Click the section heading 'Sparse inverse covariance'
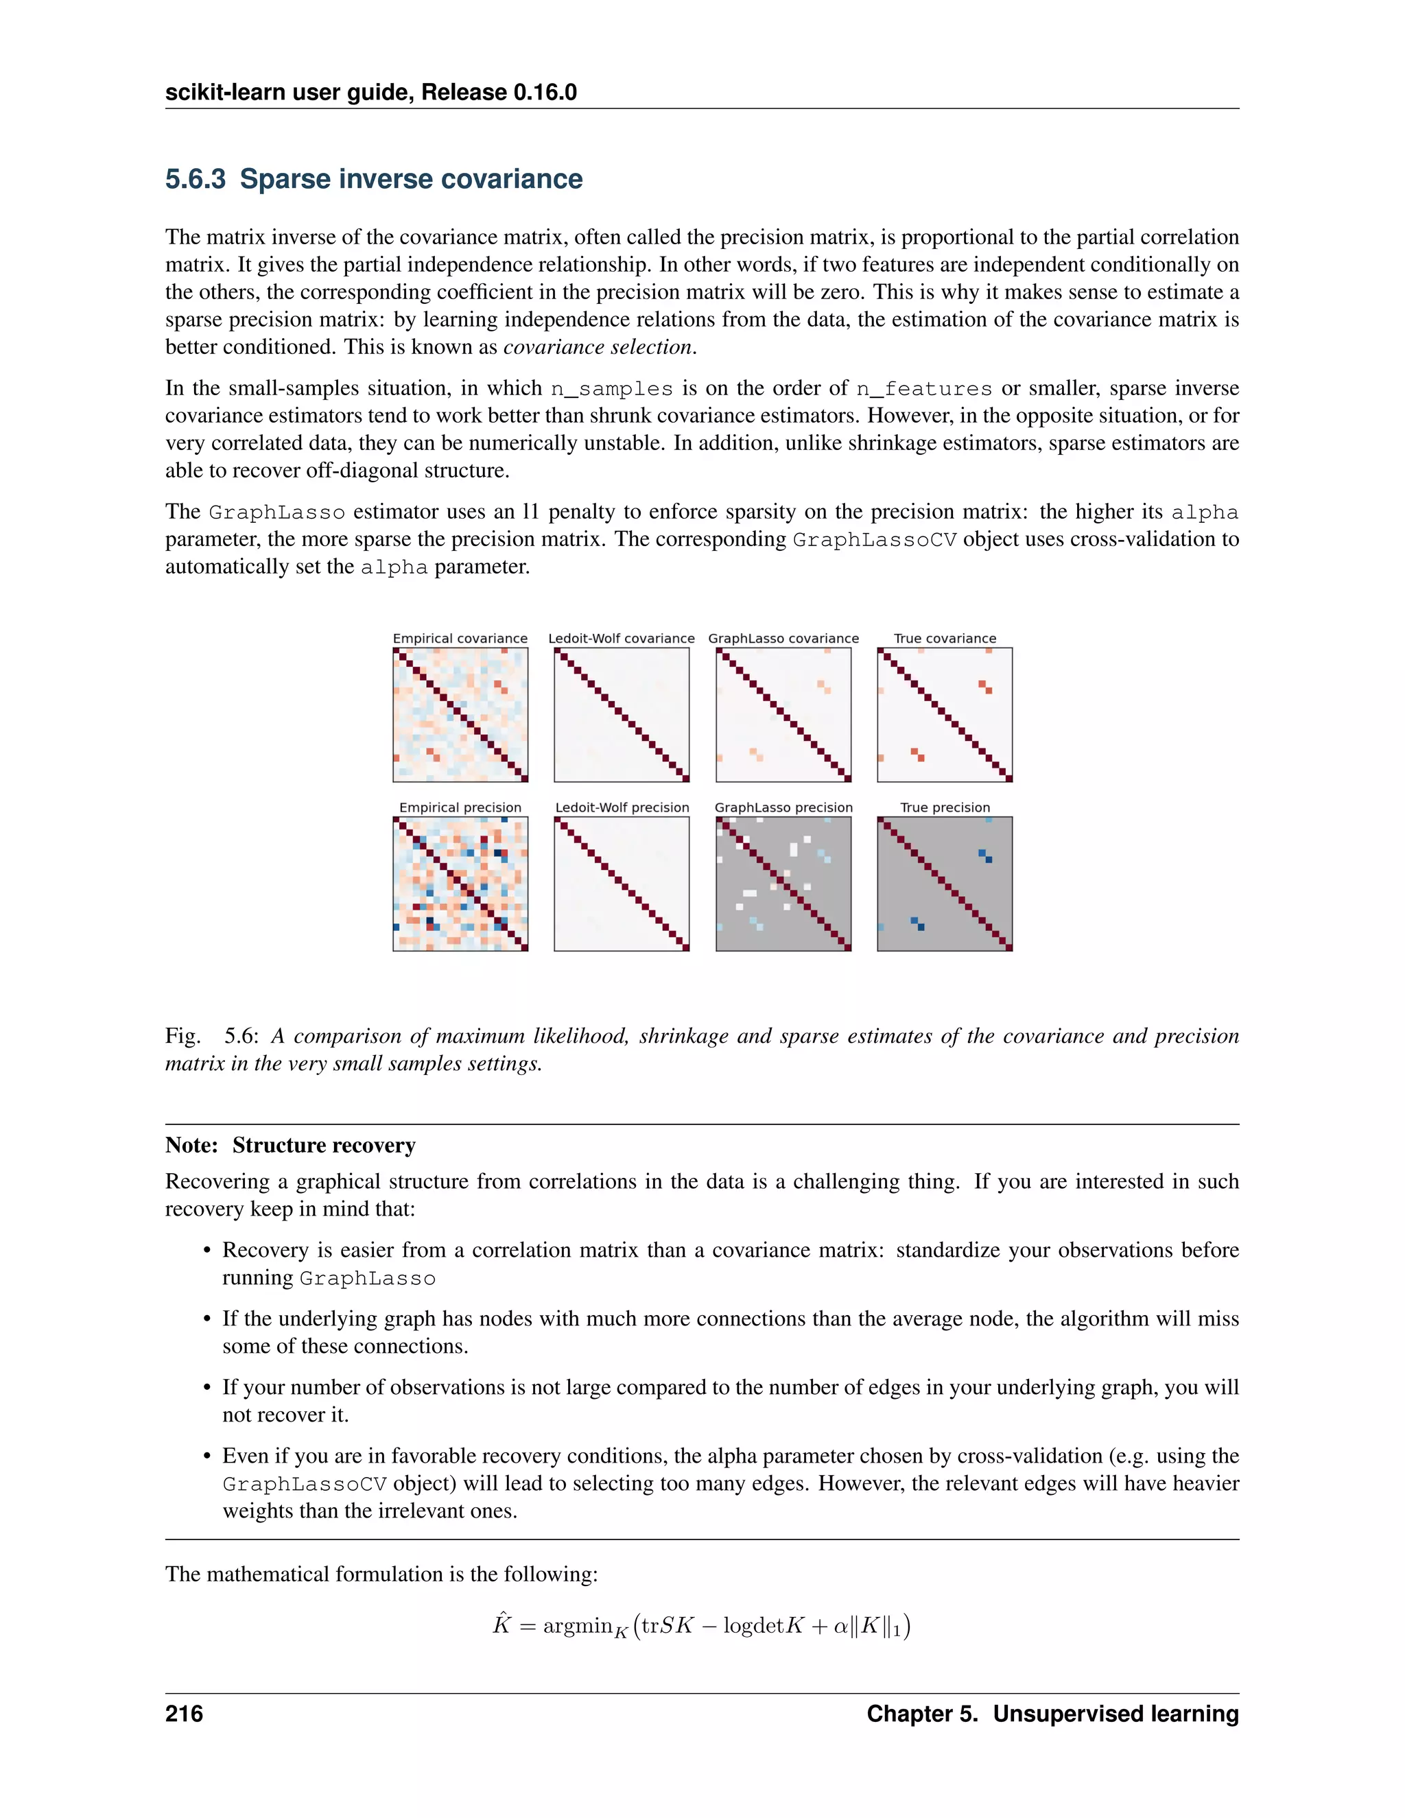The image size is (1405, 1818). tap(410, 179)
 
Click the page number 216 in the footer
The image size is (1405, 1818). tap(184, 1714)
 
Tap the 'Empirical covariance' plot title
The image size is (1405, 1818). tap(460, 639)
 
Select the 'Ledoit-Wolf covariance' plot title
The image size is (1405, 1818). tap(621, 639)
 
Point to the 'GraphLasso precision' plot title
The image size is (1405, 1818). tap(783, 807)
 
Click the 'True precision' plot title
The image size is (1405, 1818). tap(945, 807)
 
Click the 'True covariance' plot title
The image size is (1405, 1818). tap(945, 639)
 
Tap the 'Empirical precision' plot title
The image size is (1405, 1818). tap(460, 807)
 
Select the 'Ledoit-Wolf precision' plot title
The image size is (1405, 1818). tap(622, 807)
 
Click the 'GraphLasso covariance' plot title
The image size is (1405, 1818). tap(783, 639)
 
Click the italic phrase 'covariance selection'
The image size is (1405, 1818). tap(598, 347)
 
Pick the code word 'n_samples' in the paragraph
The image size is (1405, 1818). tap(611, 389)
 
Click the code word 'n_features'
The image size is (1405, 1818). tap(924, 389)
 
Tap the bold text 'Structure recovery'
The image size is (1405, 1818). tap(324, 1146)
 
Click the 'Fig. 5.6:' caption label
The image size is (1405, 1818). tap(212, 1037)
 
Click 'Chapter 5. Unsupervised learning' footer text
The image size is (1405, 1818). tap(1052, 1714)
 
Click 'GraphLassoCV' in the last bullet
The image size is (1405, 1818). tap(305, 1484)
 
